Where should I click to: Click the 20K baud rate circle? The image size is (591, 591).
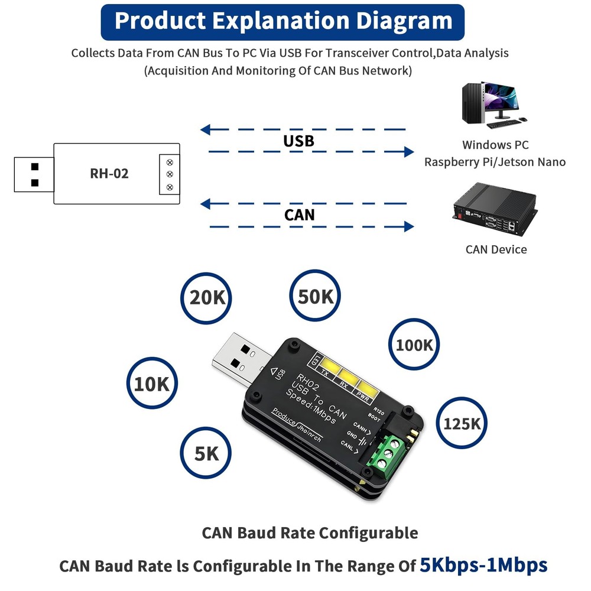(x=207, y=297)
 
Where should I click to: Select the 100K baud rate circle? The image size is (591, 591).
(x=414, y=345)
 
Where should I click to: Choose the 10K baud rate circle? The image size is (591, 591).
(x=152, y=384)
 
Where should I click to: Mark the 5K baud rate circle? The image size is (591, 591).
(x=206, y=453)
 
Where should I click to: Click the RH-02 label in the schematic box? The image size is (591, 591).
(x=109, y=173)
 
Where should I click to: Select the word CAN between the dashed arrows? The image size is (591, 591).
(x=300, y=215)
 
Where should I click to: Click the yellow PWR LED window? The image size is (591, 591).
(x=366, y=388)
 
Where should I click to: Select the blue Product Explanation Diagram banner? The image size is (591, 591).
(x=283, y=21)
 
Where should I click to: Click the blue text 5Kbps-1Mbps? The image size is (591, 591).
(x=483, y=565)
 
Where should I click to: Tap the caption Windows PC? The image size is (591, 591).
(x=495, y=145)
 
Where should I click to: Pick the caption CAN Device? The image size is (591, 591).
(x=496, y=249)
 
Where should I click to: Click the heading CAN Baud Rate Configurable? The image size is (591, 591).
(x=310, y=532)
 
